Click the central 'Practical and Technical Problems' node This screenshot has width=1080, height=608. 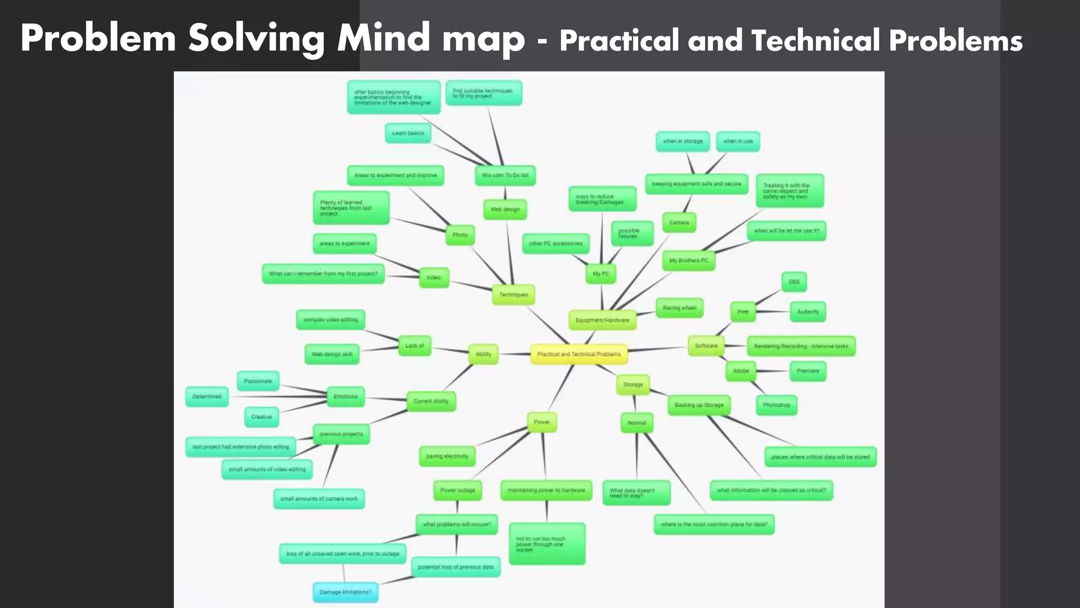tap(578, 354)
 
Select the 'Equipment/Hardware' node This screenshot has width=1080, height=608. tap(602, 320)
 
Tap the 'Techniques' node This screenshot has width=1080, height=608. tap(513, 294)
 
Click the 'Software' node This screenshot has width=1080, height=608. tap(706, 346)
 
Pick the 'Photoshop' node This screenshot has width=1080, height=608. tap(776, 405)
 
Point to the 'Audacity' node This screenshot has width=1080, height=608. tap(808, 312)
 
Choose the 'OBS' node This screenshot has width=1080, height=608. tap(794, 282)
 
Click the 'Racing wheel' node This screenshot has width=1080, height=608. tap(679, 308)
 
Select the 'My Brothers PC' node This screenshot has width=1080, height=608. tap(689, 261)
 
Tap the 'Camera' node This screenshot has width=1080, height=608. tap(679, 223)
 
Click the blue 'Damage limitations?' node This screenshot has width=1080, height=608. tap(345, 592)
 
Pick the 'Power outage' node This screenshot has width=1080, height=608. tap(457, 490)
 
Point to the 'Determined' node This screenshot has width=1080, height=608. tap(207, 396)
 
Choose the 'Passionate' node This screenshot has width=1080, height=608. tap(258, 381)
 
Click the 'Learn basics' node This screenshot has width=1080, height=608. tap(408, 133)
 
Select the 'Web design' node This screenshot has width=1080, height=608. tap(505, 210)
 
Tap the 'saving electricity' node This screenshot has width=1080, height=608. tap(447, 456)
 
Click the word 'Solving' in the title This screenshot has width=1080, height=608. tap(256, 38)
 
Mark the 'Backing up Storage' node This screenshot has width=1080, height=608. tap(699, 405)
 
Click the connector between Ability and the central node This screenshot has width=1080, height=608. tap(515, 354)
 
